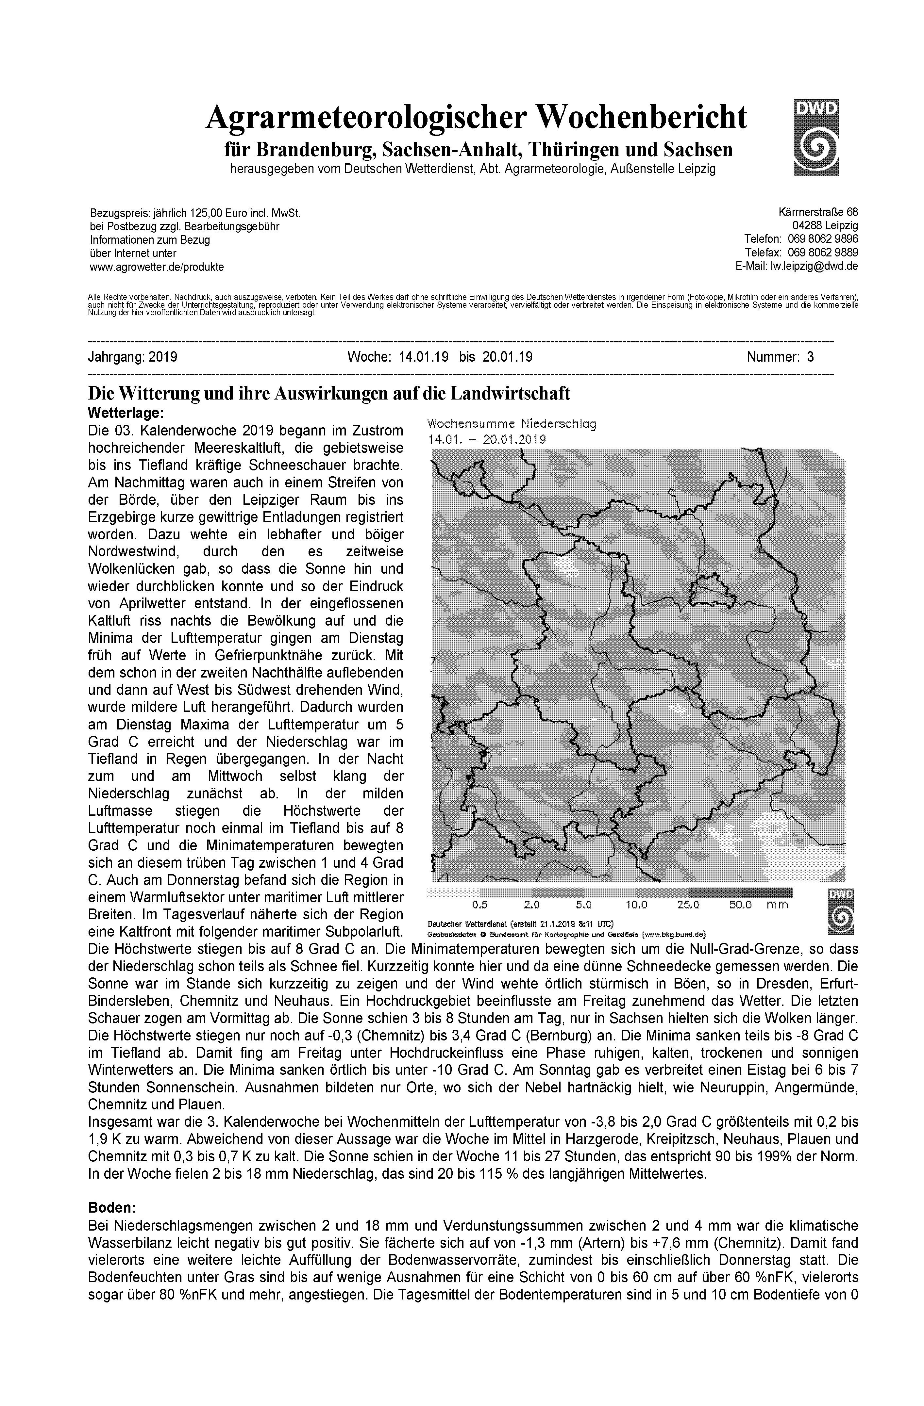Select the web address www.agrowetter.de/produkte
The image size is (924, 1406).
[157, 267]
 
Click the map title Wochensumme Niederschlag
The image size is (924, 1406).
[512, 424]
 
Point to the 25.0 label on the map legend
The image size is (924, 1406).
[688, 905]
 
